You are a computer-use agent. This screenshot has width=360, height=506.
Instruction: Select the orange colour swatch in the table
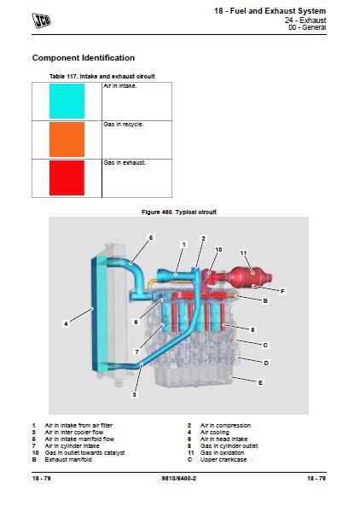coord(66,139)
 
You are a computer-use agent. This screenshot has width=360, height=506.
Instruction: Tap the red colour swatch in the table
coord(66,178)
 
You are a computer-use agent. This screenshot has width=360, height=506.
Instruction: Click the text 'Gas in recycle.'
coord(123,124)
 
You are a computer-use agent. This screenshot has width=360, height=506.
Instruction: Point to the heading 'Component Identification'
coord(83,58)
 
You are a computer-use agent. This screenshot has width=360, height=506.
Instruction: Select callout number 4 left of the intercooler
coord(66,323)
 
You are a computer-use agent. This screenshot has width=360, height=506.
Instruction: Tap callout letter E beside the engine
coord(259,383)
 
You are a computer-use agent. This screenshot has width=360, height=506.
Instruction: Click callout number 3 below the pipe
coord(134,395)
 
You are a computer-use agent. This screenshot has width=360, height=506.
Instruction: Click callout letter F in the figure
coord(282,292)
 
